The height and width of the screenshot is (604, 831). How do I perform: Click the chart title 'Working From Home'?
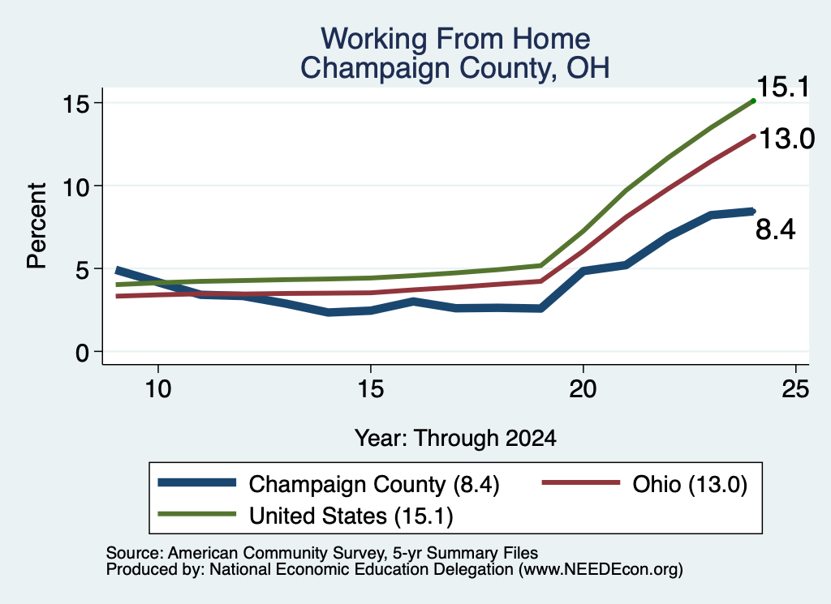455,39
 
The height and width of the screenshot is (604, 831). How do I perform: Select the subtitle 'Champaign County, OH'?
455,68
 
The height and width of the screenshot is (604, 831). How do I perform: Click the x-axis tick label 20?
583,390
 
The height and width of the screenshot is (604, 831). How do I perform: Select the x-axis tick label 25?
795,390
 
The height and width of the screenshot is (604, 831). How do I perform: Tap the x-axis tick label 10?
158,390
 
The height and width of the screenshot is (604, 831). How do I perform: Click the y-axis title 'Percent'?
37,226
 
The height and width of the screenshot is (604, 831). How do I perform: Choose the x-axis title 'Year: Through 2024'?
455,439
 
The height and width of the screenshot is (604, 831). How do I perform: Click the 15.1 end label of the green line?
783,87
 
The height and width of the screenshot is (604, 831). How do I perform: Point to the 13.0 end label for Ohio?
786,139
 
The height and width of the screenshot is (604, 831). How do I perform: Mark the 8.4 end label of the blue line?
775,229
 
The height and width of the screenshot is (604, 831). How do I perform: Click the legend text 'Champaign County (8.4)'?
374,484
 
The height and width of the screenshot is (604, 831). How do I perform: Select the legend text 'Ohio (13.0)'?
690,484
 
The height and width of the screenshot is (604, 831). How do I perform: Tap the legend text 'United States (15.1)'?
351,516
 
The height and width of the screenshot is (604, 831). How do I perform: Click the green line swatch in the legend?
196,514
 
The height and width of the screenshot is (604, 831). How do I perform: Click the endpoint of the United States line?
753,101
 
